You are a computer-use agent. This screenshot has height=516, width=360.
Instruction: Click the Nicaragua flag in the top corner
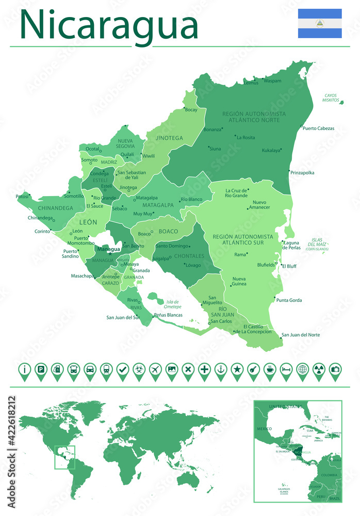click(x=319, y=23)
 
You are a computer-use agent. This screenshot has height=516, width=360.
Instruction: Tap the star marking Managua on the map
click(x=109, y=253)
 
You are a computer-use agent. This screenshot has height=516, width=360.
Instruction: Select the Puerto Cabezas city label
click(x=318, y=128)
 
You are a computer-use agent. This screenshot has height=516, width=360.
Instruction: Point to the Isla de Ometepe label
click(x=169, y=304)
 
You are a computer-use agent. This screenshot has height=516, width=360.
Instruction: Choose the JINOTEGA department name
click(x=169, y=138)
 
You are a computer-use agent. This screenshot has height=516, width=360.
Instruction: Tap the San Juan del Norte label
click(x=301, y=335)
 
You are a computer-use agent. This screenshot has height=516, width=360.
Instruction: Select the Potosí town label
click(x=22, y=196)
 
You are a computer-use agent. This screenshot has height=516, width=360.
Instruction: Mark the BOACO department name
click(x=168, y=231)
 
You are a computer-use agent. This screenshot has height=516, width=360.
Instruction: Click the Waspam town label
click(x=273, y=81)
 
